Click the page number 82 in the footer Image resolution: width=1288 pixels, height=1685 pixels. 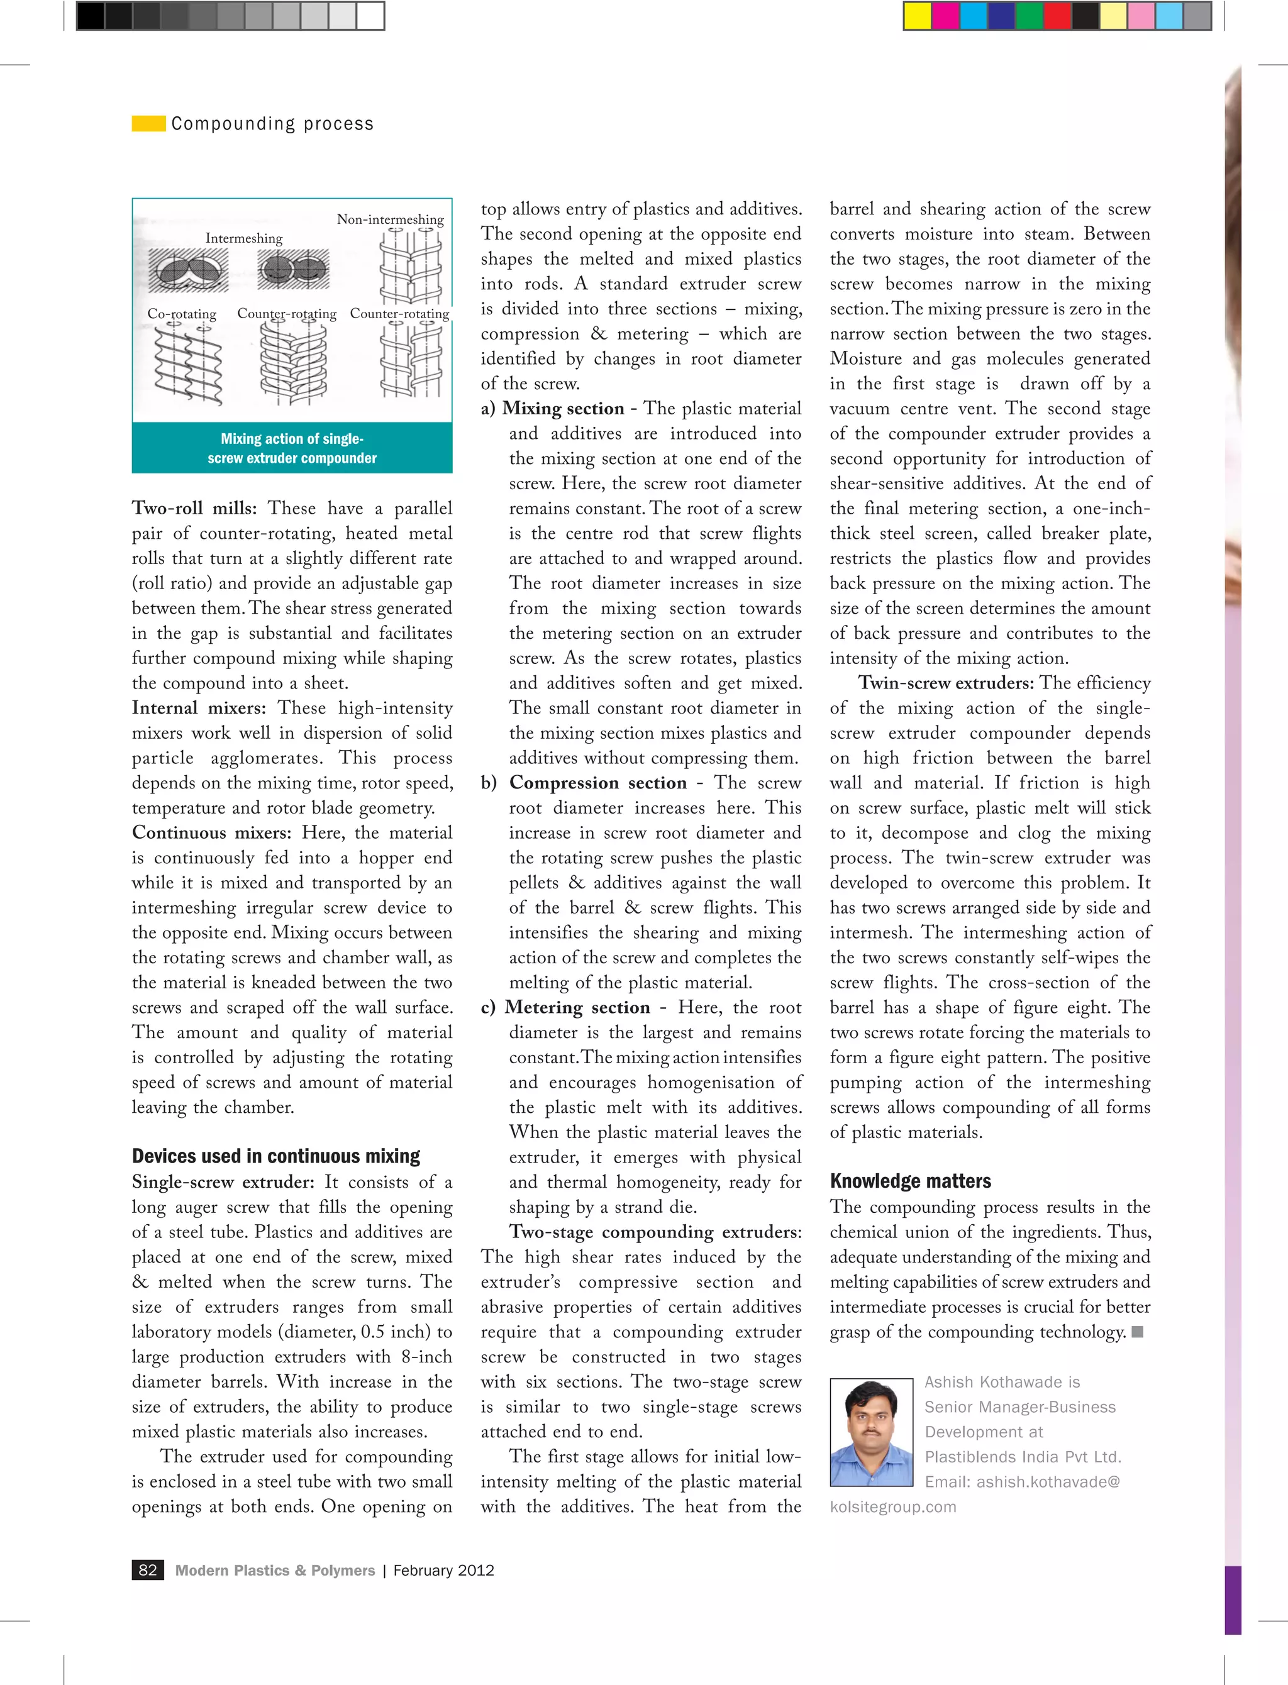(147, 1570)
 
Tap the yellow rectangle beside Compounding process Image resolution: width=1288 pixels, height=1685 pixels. (148, 123)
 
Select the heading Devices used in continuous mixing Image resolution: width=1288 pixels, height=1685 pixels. (276, 1156)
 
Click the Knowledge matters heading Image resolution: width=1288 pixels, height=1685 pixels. (910, 1181)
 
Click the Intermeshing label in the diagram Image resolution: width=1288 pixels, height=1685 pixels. (244, 238)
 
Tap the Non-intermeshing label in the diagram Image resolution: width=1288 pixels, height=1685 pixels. (390, 219)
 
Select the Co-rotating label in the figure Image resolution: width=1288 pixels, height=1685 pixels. (182, 314)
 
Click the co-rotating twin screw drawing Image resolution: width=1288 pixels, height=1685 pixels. (188, 364)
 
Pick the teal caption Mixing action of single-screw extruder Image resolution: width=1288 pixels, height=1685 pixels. (292, 448)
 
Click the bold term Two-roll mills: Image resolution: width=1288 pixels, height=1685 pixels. (195, 508)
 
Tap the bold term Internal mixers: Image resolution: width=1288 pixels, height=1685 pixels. (199, 708)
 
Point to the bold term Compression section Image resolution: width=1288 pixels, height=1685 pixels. (597, 782)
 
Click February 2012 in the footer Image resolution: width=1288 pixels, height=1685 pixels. (443, 1570)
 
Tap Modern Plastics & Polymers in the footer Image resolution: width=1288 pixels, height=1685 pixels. (274, 1570)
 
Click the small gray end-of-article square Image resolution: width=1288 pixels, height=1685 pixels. (1138, 1332)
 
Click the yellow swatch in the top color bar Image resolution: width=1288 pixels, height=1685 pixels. (917, 15)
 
